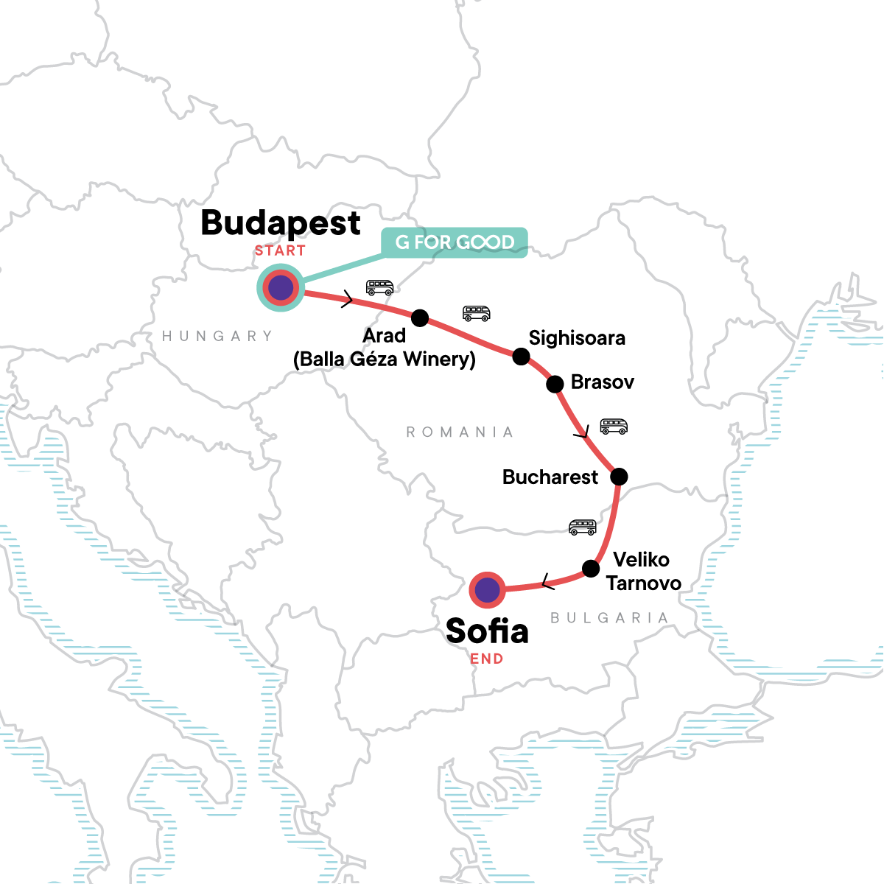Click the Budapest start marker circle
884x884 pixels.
pyautogui.click(x=280, y=288)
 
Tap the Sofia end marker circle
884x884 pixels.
pyautogui.click(x=487, y=590)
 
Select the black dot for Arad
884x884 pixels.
pyautogui.click(x=419, y=318)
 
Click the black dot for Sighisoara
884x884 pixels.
pyautogui.click(x=521, y=357)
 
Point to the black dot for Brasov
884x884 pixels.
pyautogui.click(x=555, y=384)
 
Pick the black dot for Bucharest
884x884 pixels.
pyautogui.click(x=619, y=477)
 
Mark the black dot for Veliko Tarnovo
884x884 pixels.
pyautogui.click(x=591, y=569)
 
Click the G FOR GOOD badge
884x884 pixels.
pyautogui.click(x=455, y=242)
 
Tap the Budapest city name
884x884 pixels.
pyautogui.click(x=281, y=222)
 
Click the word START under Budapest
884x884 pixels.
pyautogui.click(x=280, y=251)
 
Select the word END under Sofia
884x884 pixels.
pyautogui.click(x=487, y=659)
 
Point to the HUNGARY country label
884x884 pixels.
pyautogui.click(x=217, y=336)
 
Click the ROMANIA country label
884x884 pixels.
pyautogui.click(x=460, y=432)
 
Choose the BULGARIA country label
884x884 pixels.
pyautogui.click(x=609, y=618)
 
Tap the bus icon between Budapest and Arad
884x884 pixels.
pyautogui.click(x=379, y=287)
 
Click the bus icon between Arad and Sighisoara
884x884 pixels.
pyautogui.click(x=476, y=313)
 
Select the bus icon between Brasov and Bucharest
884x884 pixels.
pyautogui.click(x=614, y=427)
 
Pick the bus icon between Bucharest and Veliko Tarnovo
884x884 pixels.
pyautogui.click(x=582, y=527)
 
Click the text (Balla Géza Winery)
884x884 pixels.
pyautogui.click(x=385, y=359)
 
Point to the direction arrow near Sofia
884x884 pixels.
pyautogui.click(x=547, y=583)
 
